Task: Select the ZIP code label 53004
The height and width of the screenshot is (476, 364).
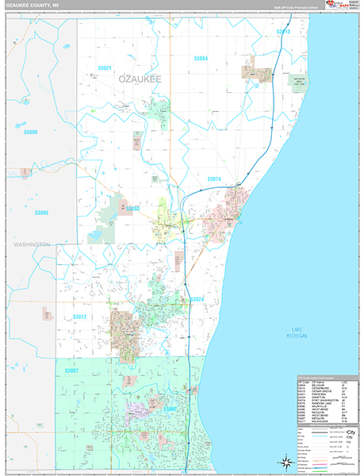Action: (x=201, y=59)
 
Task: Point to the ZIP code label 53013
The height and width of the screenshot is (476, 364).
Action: (x=282, y=32)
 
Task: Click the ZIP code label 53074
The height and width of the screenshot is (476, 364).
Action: (x=214, y=179)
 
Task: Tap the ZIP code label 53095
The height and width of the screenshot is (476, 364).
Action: (x=41, y=213)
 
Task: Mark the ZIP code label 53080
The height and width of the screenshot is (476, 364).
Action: (x=132, y=208)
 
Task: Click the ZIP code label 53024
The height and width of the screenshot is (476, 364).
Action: (x=197, y=299)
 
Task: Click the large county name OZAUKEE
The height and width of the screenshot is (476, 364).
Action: (x=140, y=80)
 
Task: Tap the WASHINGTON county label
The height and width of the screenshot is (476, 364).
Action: (x=31, y=244)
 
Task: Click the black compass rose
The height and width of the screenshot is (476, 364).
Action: (x=282, y=461)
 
